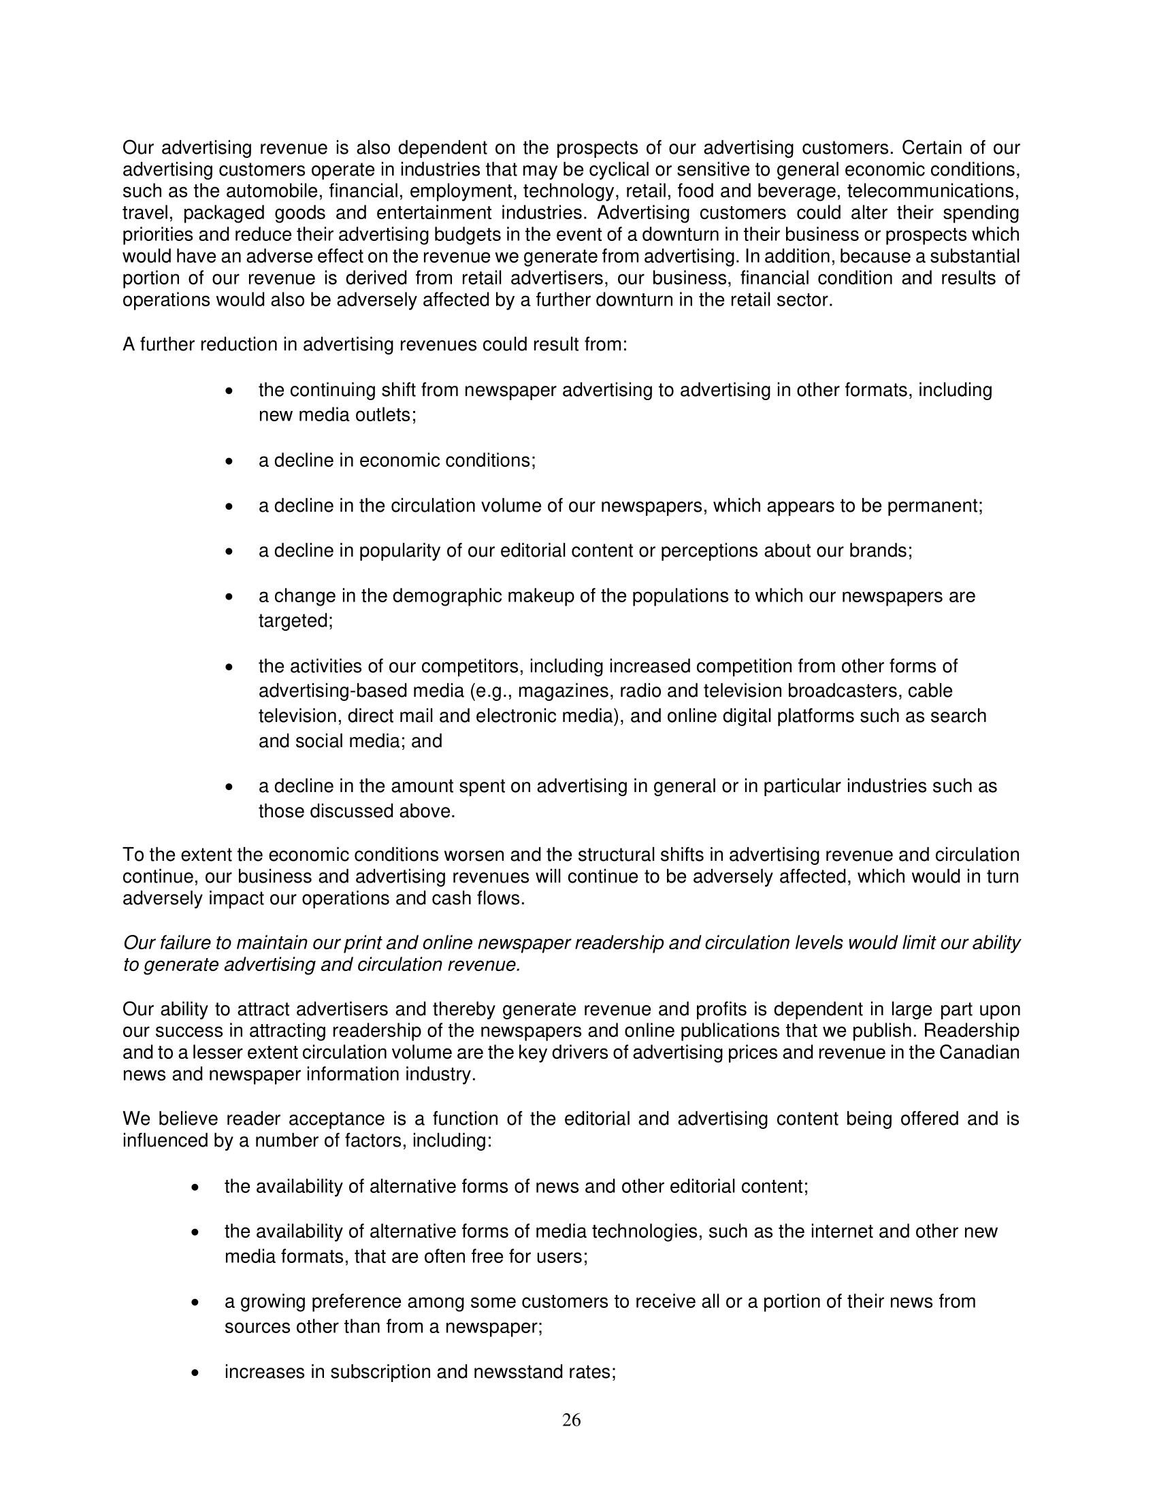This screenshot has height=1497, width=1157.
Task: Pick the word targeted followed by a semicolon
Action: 295,621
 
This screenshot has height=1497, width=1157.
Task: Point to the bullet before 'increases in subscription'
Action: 195,1374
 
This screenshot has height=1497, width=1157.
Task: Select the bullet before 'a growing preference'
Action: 195,1303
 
